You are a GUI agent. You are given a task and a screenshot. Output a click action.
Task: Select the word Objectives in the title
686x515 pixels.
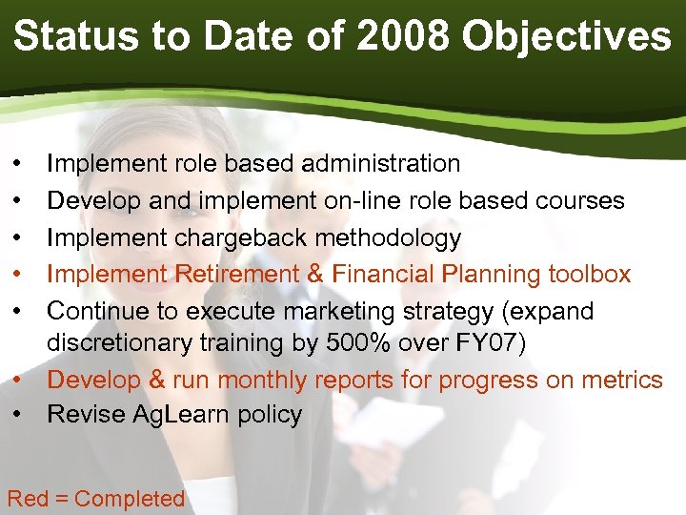pos(566,36)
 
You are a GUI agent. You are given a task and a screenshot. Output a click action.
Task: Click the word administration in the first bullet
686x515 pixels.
pos(380,164)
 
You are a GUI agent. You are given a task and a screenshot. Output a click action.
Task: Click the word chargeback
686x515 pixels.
pos(232,237)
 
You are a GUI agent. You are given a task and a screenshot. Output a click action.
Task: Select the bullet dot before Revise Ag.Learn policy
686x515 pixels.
pos(19,415)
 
